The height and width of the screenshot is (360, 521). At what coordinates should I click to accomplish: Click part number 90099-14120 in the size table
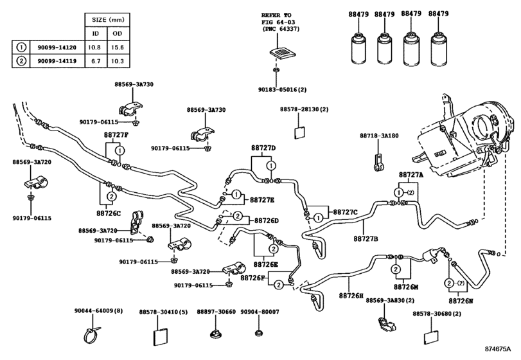click(58, 47)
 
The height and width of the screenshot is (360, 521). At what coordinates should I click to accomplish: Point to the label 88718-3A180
click(378, 136)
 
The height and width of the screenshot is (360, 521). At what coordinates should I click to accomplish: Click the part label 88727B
click(366, 239)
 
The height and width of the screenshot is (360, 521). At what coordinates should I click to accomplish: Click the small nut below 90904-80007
click(258, 333)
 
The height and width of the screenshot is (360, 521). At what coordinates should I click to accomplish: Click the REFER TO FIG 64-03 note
click(277, 21)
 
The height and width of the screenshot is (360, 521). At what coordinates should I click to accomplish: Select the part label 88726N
click(461, 300)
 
